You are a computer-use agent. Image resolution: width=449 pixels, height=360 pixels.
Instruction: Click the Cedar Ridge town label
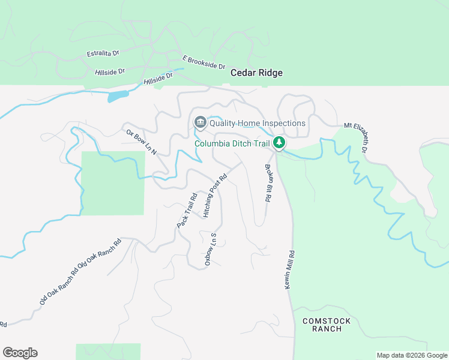pyautogui.click(x=256, y=73)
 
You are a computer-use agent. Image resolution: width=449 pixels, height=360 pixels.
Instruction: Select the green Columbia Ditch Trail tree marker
pyautogui.click(x=279, y=143)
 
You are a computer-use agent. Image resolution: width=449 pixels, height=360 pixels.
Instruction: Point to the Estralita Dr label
pyautogui.click(x=103, y=53)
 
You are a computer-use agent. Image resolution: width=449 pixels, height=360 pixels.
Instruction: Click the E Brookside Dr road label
pyautogui.click(x=203, y=62)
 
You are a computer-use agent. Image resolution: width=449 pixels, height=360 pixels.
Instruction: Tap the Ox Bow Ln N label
pyautogui.click(x=141, y=142)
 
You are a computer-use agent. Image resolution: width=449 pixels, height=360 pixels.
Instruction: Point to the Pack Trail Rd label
pyautogui.click(x=187, y=210)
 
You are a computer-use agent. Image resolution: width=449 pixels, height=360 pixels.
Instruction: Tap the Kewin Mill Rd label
pyautogui.click(x=289, y=270)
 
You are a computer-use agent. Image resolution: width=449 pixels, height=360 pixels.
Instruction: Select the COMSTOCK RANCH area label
pyautogui.click(x=322, y=325)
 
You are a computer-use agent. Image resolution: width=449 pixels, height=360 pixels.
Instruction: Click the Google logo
pyautogui.click(x=20, y=353)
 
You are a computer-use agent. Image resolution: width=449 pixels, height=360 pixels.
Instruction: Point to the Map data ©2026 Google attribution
pyautogui.click(x=412, y=355)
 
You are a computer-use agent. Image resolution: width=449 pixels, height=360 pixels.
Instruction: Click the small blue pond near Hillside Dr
pyautogui.click(x=118, y=96)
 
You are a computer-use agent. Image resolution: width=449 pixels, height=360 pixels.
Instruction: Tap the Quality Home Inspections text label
pyautogui.click(x=257, y=123)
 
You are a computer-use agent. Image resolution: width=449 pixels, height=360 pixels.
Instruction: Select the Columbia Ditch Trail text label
pyautogui.click(x=232, y=143)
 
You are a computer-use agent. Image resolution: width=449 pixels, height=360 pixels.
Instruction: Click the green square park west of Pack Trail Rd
pyautogui.click(x=113, y=182)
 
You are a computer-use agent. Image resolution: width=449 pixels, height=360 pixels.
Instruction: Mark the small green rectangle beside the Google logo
pyautogui.click(x=108, y=352)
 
